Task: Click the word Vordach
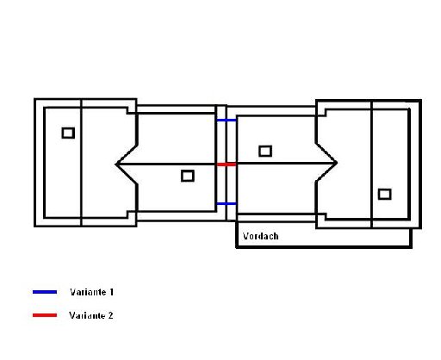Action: (260, 236)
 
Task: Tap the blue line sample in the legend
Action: (45, 292)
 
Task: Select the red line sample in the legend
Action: (45, 315)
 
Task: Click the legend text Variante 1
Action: (91, 292)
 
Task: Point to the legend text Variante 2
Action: (91, 315)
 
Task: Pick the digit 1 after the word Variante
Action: (111, 292)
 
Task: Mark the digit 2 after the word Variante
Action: (110, 315)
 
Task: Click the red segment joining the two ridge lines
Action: (227, 164)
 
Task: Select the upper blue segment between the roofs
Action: (227, 121)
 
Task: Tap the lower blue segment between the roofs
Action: (227, 203)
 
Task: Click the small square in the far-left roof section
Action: (68, 133)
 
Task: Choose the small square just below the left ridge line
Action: (188, 176)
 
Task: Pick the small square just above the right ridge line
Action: (265, 151)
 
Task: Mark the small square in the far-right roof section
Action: (384, 194)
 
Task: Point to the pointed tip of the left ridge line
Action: (115, 164)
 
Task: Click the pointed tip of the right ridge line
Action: (337, 163)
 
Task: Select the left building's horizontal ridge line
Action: (166, 164)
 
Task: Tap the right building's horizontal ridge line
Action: (287, 163)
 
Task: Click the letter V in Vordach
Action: (245, 236)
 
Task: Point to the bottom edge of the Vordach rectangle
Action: (324, 246)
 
